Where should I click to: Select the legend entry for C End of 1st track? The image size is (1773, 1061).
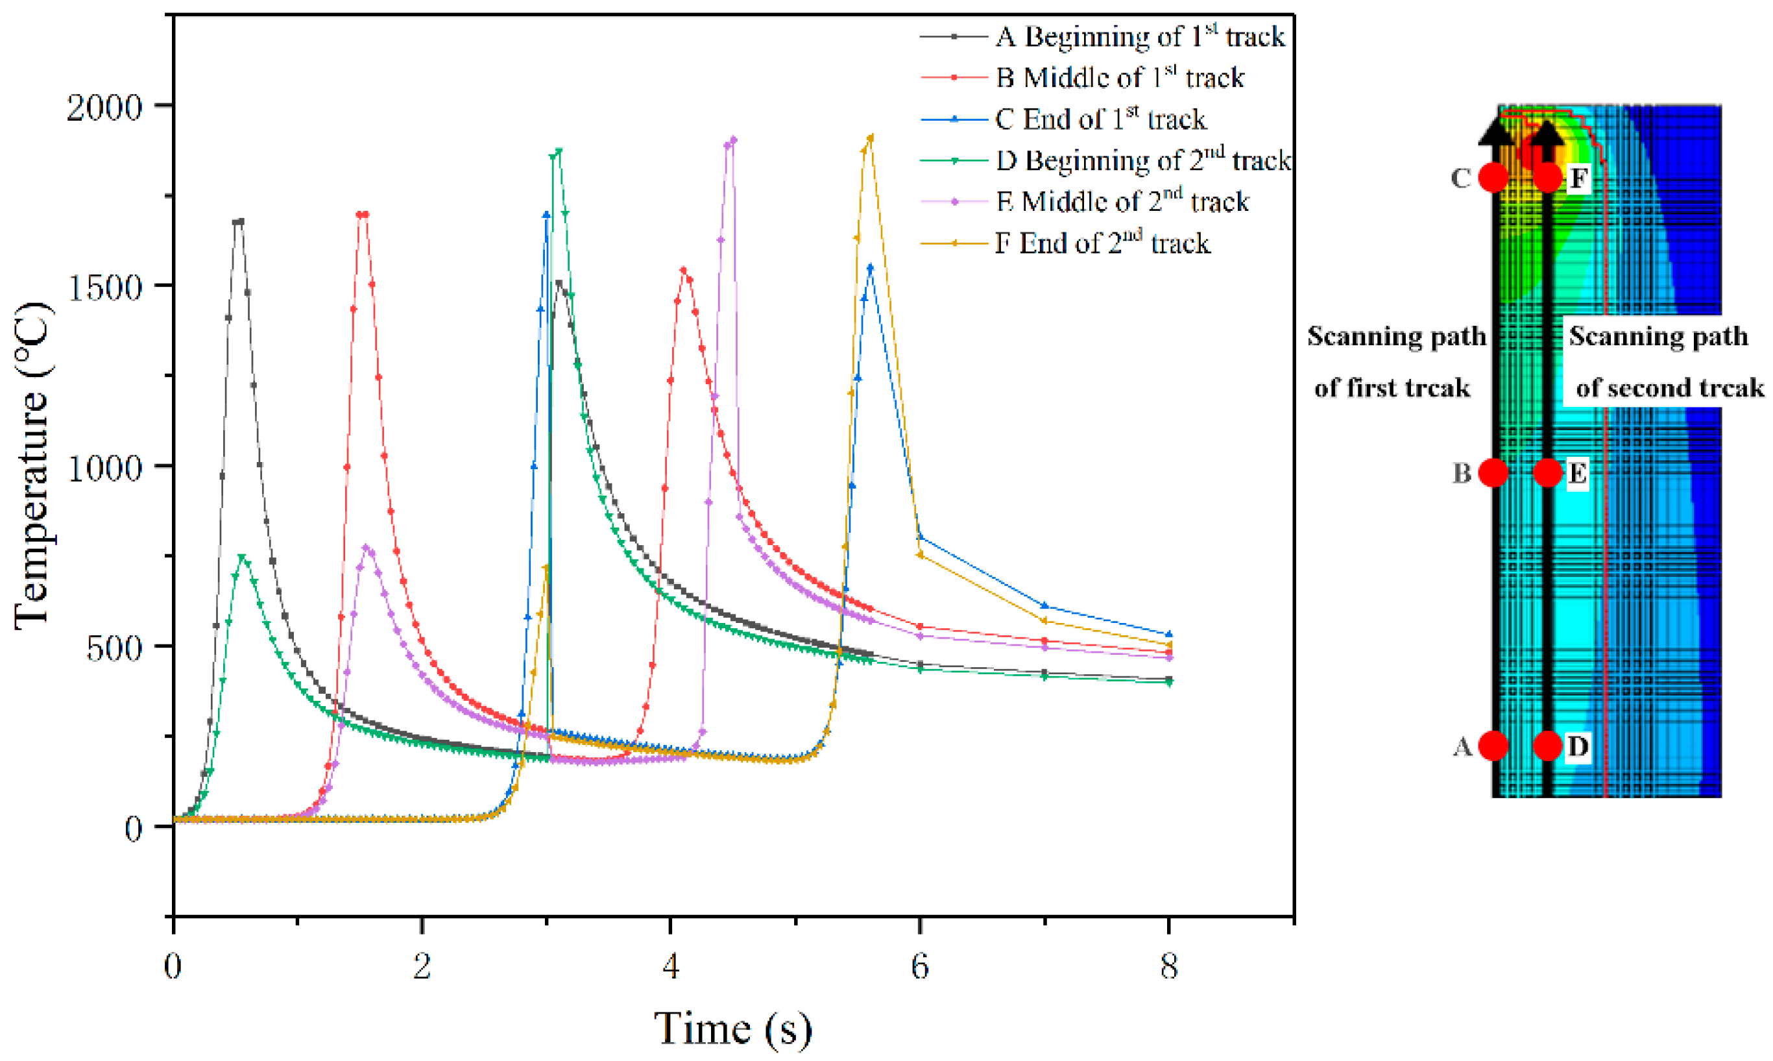point(1100,119)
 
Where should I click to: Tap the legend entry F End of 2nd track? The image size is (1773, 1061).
point(1103,244)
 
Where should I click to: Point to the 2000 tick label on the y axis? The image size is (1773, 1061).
point(104,107)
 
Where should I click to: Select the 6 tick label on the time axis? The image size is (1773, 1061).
point(919,967)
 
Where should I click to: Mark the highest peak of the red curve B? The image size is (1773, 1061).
point(362,215)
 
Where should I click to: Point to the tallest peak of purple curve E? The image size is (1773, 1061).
point(732,141)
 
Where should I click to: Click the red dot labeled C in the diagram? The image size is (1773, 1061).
point(1493,177)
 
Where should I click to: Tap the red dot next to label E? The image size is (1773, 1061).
point(1547,472)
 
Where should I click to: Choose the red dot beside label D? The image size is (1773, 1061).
point(1547,746)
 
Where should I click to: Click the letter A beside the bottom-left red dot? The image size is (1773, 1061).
point(1463,746)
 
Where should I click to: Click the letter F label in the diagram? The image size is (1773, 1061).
point(1578,178)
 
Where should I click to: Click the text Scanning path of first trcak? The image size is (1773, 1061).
point(1395,361)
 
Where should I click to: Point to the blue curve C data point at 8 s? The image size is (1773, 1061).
point(1168,633)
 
